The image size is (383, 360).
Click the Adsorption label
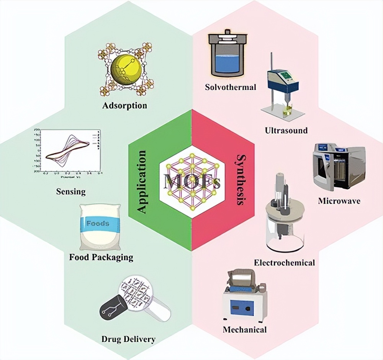(124, 105)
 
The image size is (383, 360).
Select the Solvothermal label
(231, 87)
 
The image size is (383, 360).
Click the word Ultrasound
(286, 130)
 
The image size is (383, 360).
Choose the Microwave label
(339, 200)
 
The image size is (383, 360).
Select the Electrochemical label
(284, 262)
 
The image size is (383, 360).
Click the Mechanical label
(245, 329)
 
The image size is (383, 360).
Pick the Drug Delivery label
(128, 339)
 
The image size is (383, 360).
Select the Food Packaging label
(101, 257)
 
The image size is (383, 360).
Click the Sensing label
(70, 191)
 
